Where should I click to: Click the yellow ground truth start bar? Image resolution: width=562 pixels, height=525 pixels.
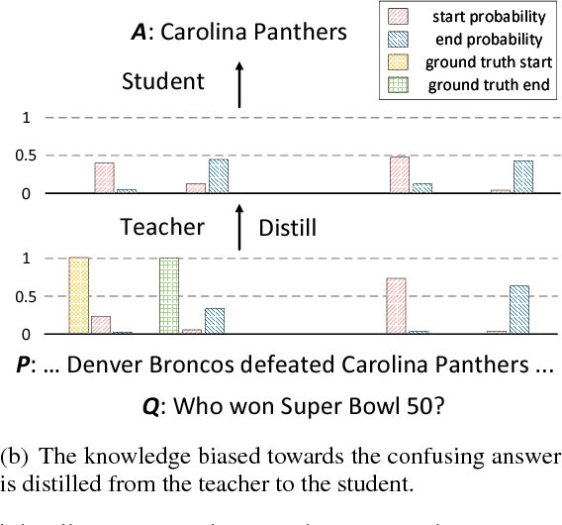pyautogui.click(x=78, y=295)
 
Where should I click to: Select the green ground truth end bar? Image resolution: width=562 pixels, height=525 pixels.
pyautogui.click(x=169, y=295)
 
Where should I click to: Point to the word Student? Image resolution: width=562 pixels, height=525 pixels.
pyautogui.click(x=162, y=81)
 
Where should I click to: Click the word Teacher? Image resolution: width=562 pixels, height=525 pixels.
pyautogui.click(x=162, y=227)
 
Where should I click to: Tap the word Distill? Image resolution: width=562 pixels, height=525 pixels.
pyautogui.click(x=288, y=229)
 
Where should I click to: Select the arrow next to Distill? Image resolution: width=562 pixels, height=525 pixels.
pyautogui.click(x=238, y=228)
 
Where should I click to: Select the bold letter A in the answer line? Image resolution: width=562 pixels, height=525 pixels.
pyautogui.click(x=139, y=32)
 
